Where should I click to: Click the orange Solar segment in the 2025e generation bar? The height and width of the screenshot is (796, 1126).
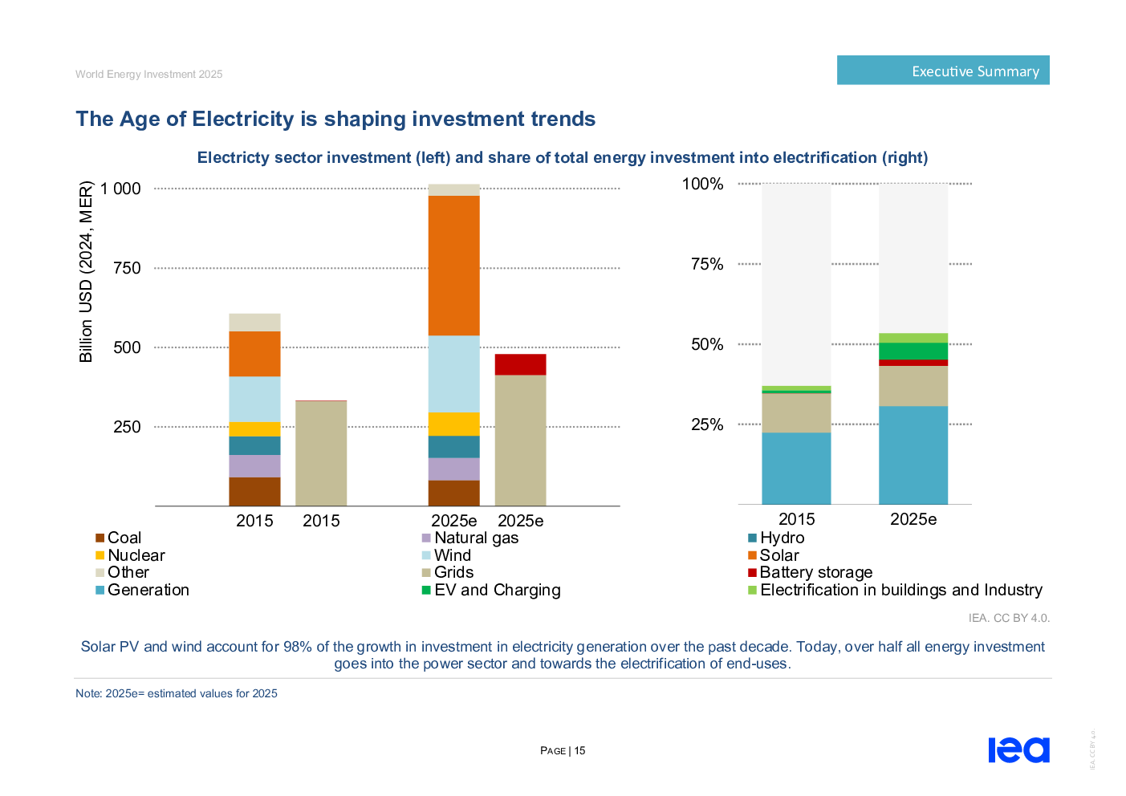[453, 266]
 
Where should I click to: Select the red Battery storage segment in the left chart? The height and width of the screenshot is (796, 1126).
[520, 364]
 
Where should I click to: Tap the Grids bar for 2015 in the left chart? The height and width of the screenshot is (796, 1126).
[321, 453]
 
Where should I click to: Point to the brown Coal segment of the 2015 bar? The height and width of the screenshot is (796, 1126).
[254, 491]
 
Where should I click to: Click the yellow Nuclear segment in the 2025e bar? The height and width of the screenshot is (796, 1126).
[453, 424]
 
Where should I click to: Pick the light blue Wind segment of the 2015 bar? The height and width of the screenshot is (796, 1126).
[254, 399]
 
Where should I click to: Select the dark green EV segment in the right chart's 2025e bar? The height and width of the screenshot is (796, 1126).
[913, 351]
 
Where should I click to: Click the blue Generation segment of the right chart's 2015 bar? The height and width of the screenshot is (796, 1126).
[796, 468]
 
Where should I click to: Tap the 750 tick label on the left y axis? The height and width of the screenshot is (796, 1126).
[127, 268]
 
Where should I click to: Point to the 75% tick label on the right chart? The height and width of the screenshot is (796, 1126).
[707, 264]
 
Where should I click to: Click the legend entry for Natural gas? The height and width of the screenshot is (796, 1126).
[476, 538]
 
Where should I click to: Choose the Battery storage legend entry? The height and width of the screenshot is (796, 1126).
[815, 572]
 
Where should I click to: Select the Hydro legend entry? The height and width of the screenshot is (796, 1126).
[782, 538]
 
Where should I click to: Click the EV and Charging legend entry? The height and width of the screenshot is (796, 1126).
[497, 590]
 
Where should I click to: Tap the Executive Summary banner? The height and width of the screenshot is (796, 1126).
[943, 71]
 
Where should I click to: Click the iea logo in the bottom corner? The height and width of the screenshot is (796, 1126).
[1018, 750]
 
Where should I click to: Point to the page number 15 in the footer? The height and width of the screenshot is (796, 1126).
[579, 751]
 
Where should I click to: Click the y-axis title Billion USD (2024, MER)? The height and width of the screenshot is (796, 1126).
[86, 272]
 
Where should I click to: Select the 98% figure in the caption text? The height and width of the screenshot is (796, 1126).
[298, 647]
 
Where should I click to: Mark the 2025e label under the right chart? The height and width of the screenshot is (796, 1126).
[913, 519]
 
